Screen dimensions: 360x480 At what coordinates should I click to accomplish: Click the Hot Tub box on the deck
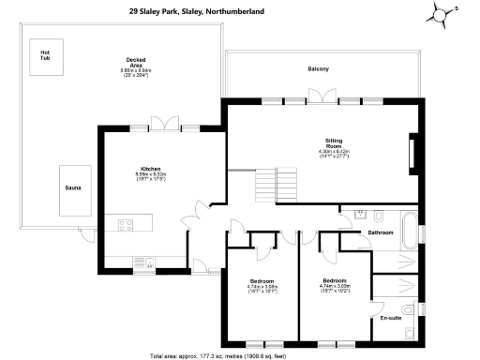[x=44, y=53]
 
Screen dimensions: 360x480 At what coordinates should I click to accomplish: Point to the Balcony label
[x=319, y=70]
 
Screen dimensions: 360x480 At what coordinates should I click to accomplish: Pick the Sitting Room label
[x=333, y=148]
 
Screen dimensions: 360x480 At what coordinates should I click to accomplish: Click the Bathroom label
[x=380, y=232]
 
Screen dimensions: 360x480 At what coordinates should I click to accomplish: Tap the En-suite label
[x=390, y=319]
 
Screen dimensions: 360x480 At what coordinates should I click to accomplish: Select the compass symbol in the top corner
[x=442, y=14]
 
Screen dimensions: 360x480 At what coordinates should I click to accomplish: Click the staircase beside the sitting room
[x=268, y=184]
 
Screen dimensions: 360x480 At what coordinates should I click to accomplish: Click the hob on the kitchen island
[x=123, y=224]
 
